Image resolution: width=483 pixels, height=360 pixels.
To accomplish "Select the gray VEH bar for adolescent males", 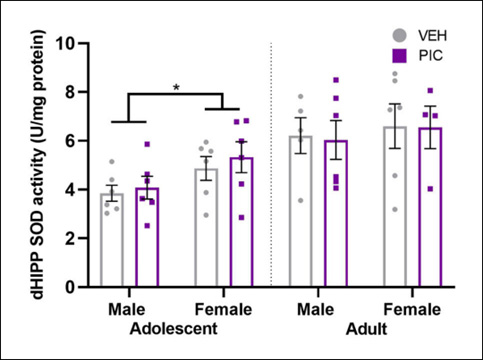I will click(112, 240).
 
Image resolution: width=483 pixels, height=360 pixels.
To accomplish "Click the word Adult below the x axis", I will click(365, 327).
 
